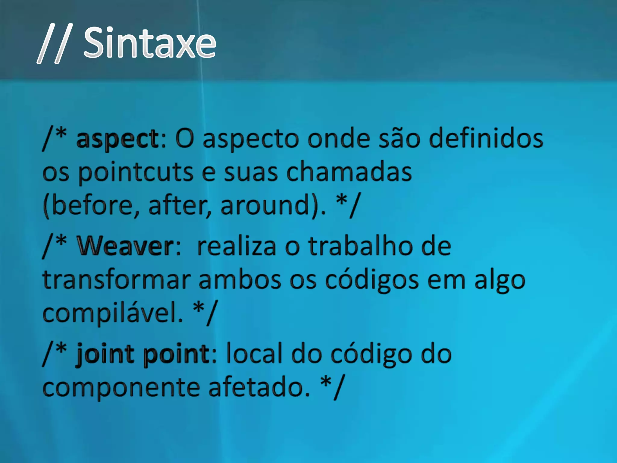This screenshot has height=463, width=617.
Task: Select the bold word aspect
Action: [x=117, y=139]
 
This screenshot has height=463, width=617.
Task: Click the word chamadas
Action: [x=349, y=172]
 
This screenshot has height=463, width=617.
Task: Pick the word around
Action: [x=265, y=206]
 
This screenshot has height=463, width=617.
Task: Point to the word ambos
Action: [x=240, y=280]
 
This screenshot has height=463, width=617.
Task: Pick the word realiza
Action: [x=236, y=246]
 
